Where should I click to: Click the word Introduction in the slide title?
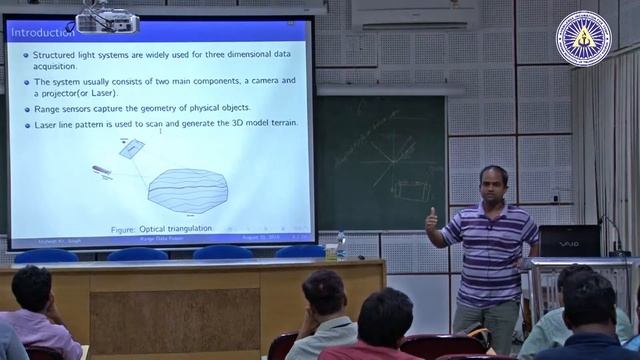coord(41,33)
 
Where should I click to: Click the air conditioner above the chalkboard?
coord(395,11)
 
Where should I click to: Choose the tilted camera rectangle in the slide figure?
coord(131,148)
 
